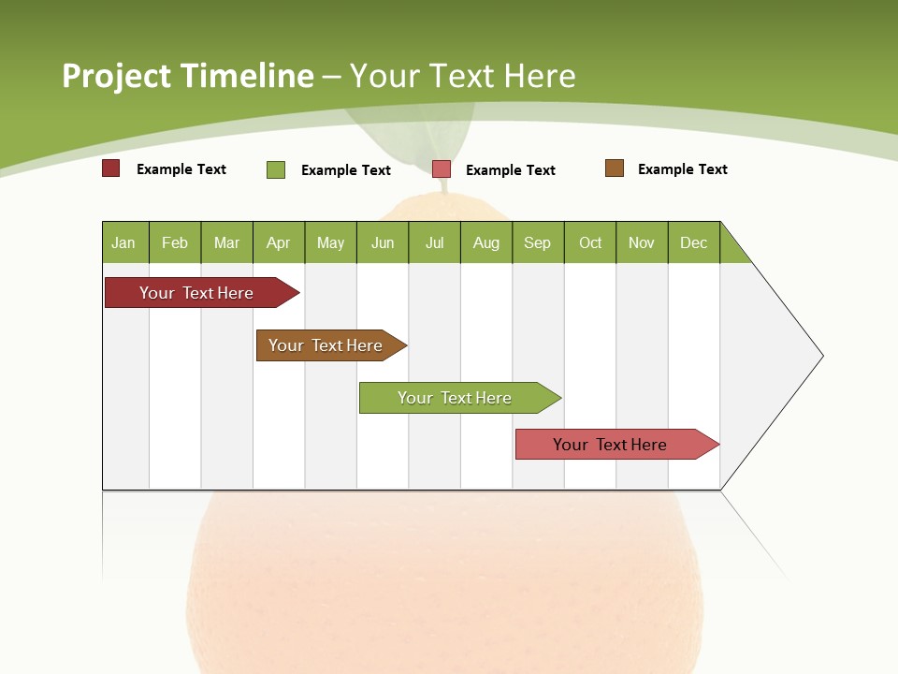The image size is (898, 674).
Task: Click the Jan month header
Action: click(124, 242)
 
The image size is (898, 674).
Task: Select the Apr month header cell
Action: click(278, 242)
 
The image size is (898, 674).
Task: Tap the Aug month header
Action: click(485, 242)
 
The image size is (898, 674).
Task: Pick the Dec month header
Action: click(693, 242)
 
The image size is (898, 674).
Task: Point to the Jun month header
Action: click(382, 242)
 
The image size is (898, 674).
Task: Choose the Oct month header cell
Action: click(589, 242)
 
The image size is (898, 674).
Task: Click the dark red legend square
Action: click(111, 168)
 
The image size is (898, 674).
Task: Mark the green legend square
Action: click(276, 169)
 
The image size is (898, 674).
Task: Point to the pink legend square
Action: click(442, 169)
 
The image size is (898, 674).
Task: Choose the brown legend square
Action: click(615, 168)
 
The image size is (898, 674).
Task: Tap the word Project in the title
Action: click(115, 76)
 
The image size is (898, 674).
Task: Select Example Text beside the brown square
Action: click(682, 169)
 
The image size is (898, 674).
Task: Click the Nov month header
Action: click(641, 242)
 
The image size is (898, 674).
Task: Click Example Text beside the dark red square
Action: click(181, 169)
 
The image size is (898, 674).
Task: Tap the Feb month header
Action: click(174, 242)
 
